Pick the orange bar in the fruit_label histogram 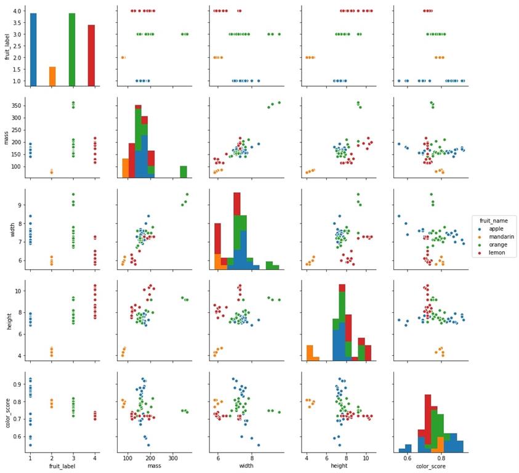tap(52, 76)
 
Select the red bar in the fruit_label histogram tap(91, 55)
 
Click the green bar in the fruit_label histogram tap(72, 49)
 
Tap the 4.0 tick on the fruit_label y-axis tap(17, 11)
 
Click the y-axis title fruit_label tap(6, 46)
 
